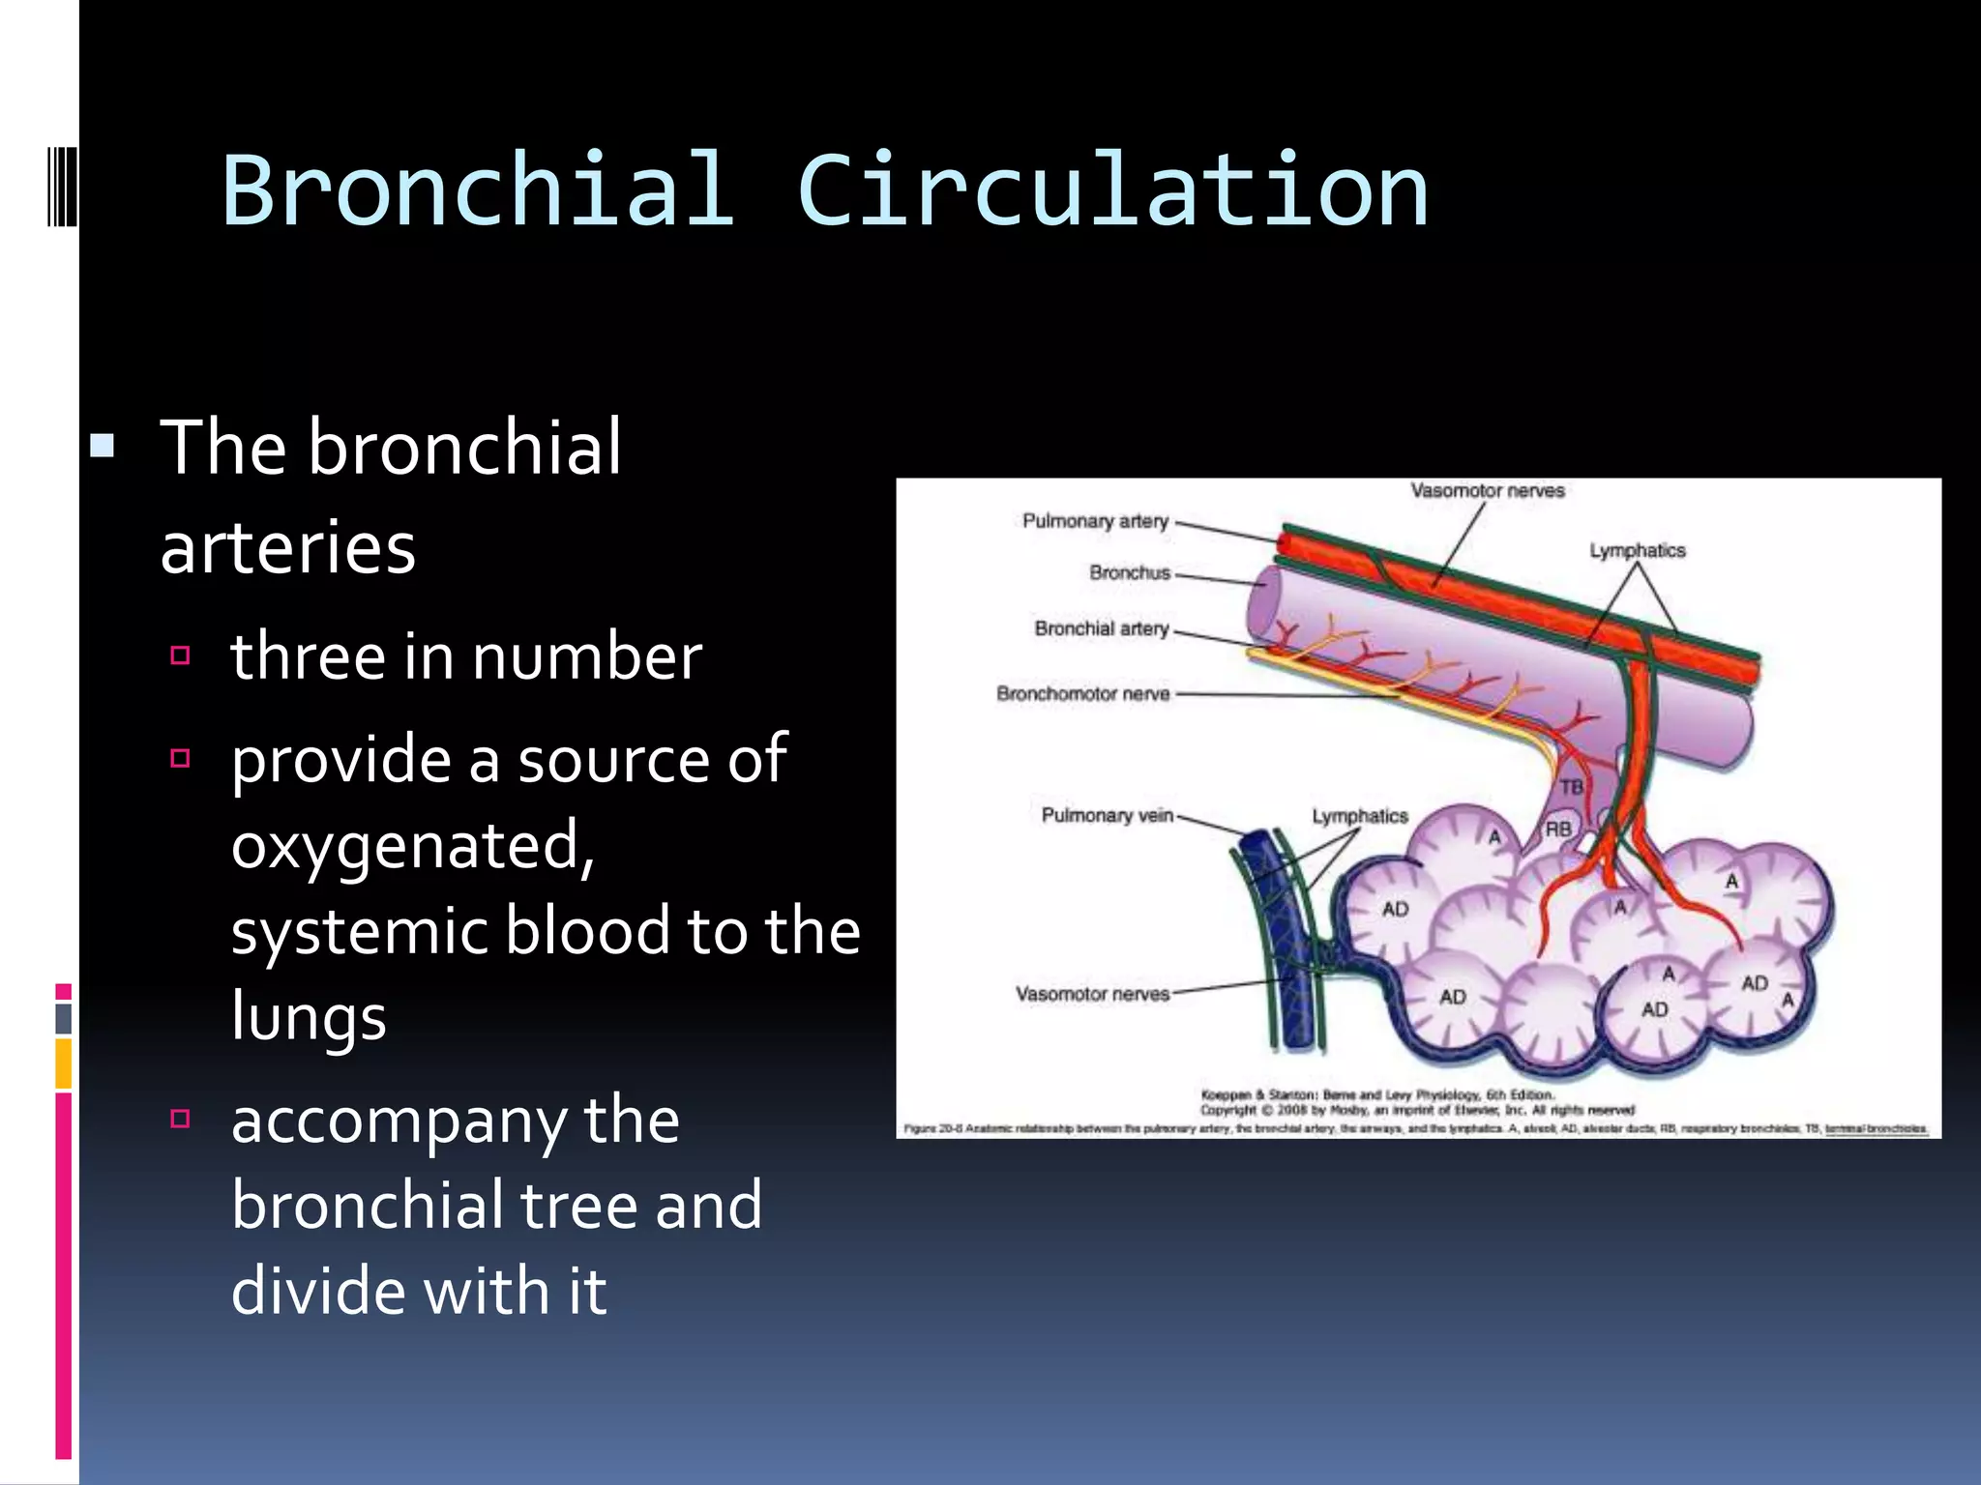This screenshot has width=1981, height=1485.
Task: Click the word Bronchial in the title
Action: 477,190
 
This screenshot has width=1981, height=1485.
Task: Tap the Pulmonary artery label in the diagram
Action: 1095,521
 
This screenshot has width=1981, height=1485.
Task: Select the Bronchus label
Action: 1129,572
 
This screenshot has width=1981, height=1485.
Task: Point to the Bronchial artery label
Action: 1101,628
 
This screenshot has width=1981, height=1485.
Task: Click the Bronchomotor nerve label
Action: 1082,694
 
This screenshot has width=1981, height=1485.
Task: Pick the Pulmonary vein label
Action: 1107,815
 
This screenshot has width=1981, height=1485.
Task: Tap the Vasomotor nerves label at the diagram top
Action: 1487,491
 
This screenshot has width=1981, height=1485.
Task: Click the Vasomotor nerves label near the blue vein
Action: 1092,994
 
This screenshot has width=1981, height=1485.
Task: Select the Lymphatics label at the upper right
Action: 1637,550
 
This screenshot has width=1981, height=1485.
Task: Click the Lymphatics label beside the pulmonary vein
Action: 1359,816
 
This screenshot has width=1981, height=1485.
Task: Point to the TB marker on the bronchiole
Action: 1571,787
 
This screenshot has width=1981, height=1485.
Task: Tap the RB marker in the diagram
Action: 1558,829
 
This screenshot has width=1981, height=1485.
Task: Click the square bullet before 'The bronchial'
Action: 103,447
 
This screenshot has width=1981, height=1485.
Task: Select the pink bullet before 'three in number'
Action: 180,655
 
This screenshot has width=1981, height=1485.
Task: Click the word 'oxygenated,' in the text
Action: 413,846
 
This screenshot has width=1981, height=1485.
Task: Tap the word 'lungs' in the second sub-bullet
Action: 309,1017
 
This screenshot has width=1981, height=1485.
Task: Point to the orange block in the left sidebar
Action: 64,1063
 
